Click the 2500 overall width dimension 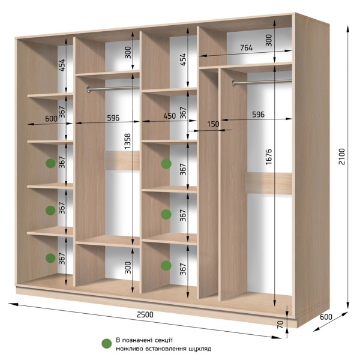tap(145, 314)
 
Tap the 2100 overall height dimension tap(341, 157)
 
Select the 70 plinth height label tap(280, 324)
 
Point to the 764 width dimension tap(247, 48)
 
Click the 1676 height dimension tap(268, 157)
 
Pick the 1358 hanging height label tap(127, 141)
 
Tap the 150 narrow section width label tap(213, 124)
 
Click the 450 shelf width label tap(169, 116)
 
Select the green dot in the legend tap(107, 344)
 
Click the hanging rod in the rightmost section tap(262, 82)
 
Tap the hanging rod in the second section tap(113, 88)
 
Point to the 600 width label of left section tap(51, 119)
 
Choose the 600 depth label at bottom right tap(326, 317)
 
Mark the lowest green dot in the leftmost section tap(50, 258)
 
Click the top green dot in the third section tap(166, 164)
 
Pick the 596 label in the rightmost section tap(258, 115)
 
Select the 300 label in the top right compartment tap(268, 40)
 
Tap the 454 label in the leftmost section tap(62, 65)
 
